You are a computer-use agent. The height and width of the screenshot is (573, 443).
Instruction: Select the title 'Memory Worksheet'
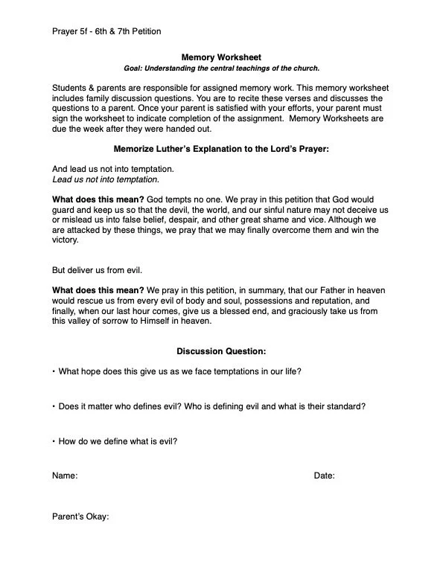pyautogui.click(x=221, y=57)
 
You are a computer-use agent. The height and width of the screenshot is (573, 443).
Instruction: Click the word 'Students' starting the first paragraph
pyautogui.click(x=70, y=89)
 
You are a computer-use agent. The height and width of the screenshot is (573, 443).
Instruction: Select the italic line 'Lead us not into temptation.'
pyautogui.click(x=105, y=179)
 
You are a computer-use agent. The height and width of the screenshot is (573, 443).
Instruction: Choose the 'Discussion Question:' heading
pyautogui.click(x=221, y=351)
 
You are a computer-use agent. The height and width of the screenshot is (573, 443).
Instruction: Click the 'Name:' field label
pyautogui.click(x=65, y=476)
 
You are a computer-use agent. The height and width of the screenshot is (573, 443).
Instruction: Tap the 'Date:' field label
pyautogui.click(x=324, y=476)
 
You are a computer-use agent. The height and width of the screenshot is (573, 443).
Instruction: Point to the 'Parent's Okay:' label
pyautogui.click(x=80, y=518)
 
